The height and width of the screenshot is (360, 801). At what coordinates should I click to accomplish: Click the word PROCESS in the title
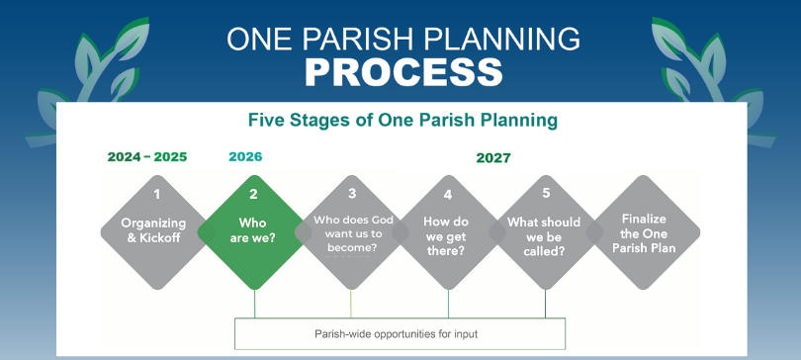[403, 71]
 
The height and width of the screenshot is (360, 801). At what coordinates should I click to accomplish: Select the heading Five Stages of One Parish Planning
[402, 120]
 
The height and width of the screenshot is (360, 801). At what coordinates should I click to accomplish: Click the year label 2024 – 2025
[147, 157]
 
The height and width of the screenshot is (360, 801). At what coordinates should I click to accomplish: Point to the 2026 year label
[245, 156]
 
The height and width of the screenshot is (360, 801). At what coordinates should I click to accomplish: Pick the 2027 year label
[493, 158]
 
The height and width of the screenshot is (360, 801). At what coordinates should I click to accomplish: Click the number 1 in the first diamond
[157, 194]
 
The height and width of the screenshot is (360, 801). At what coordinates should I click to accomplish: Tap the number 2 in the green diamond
[253, 194]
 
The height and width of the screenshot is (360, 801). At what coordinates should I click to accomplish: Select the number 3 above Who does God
[352, 193]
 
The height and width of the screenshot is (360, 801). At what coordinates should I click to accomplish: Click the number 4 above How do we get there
[448, 195]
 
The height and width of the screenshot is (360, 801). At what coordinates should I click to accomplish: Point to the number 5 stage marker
[546, 193]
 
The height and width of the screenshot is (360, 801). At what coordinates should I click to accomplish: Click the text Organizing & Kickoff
[153, 230]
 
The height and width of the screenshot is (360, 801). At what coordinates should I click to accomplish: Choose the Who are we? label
[252, 230]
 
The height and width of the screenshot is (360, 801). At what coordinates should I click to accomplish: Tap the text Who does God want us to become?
[353, 233]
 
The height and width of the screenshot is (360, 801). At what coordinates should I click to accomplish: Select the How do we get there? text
[446, 236]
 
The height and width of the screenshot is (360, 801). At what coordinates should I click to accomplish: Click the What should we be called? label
[544, 236]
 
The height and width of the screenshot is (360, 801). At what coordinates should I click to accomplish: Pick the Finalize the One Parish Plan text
[644, 233]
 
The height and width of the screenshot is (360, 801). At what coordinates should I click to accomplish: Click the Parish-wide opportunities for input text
[396, 334]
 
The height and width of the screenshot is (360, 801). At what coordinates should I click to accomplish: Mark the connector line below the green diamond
[254, 304]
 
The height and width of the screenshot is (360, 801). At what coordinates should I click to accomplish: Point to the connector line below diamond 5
[545, 304]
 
